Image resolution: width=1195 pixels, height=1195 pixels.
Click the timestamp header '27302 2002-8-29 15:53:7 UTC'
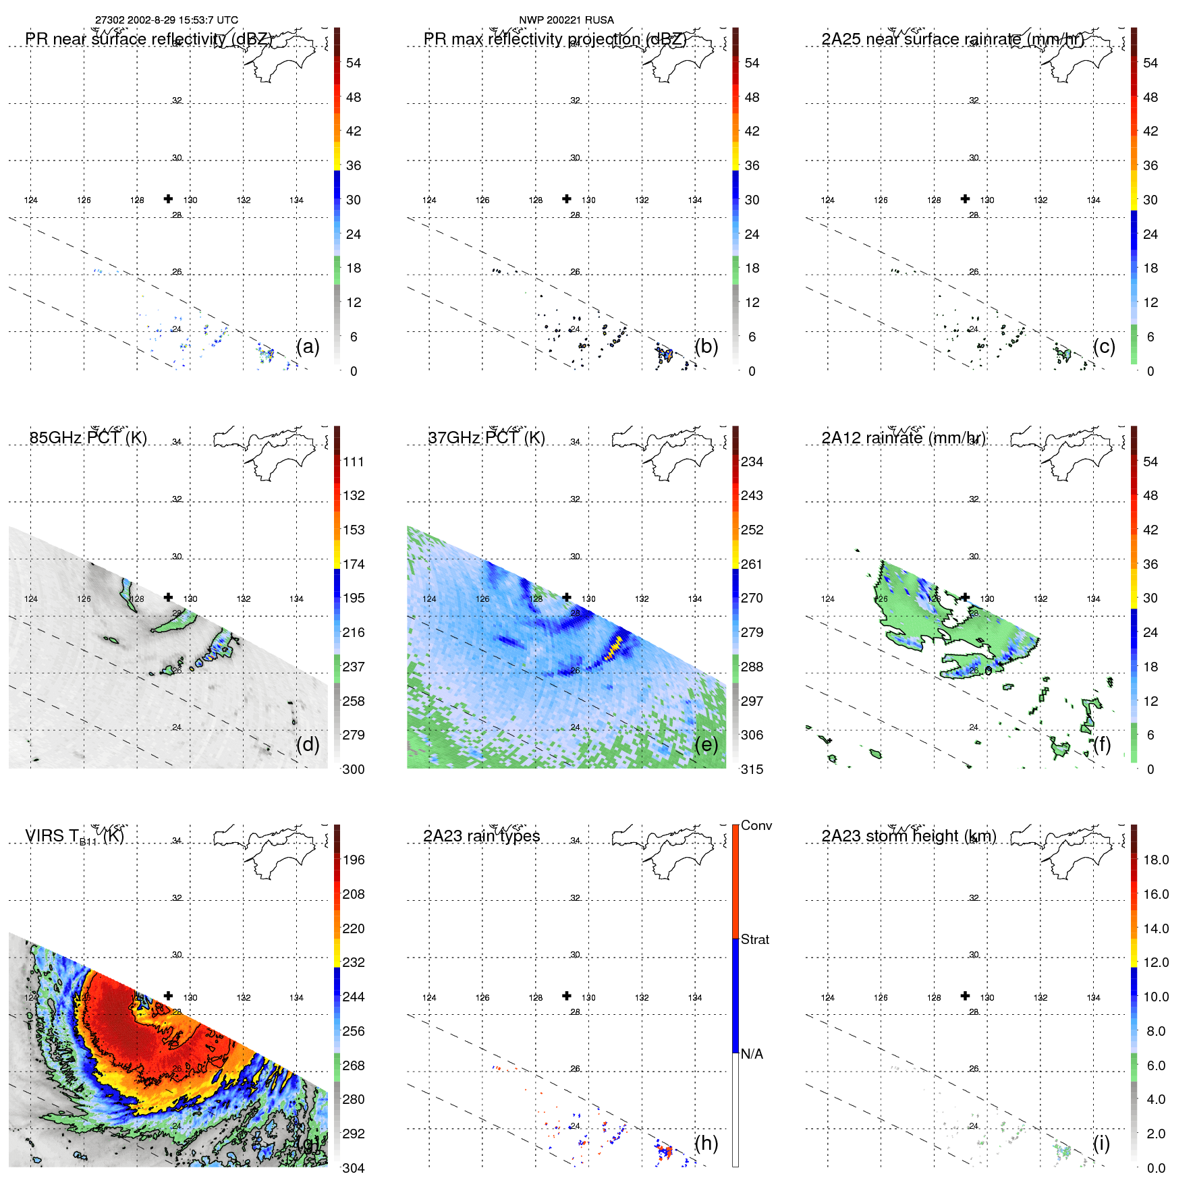click(x=166, y=20)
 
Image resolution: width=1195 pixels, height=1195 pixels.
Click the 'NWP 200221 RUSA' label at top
click(x=566, y=20)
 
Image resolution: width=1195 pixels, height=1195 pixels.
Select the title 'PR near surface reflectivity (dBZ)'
click(x=148, y=39)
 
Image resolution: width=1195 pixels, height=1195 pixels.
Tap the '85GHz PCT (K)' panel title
click(x=88, y=438)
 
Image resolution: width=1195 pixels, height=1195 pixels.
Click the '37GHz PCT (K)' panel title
click(x=486, y=438)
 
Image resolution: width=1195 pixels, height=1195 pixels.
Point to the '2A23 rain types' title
click(x=481, y=836)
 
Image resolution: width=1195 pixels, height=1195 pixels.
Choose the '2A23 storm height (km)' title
click(x=908, y=836)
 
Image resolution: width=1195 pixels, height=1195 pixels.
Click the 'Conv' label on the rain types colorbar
click(x=756, y=825)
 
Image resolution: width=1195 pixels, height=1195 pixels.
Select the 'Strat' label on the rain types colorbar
click(x=754, y=939)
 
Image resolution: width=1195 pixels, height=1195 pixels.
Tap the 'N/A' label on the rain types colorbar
click(x=752, y=1054)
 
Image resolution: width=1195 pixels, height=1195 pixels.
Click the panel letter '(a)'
click(x=308, y=346)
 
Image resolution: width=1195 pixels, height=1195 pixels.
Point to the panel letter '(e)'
click(x=706, y=744)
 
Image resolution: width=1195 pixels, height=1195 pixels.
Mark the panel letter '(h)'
click(x=706, y=1143)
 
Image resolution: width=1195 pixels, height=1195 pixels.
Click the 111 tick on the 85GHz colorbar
click(x=353, y=462)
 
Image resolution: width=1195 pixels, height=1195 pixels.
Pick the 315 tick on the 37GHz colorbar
click(x=752, y=769)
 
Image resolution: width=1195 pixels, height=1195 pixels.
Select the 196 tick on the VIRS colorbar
click(x=353, y=860)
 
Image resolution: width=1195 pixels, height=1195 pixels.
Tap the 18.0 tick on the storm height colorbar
click(x=1155, y=860)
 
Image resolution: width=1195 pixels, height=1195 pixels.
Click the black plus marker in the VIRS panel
click(x=168, y=996)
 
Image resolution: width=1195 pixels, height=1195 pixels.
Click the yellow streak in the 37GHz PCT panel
click(x=614, y=646)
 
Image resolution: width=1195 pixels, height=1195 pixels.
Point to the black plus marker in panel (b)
click(x=567, y=198)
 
